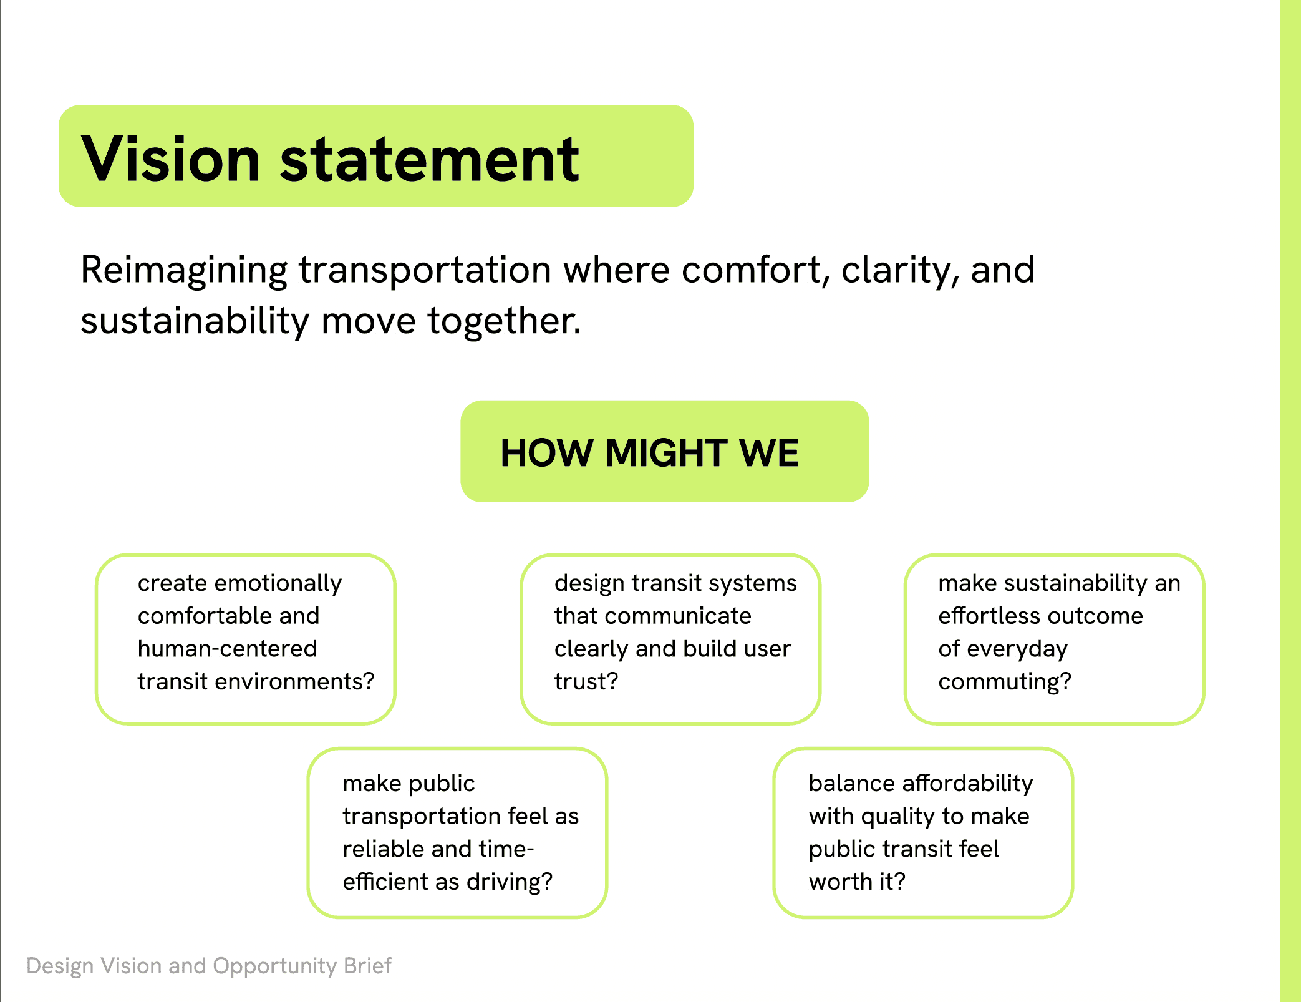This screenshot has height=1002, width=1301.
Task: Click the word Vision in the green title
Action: pyautogui.click(x=170, y=159)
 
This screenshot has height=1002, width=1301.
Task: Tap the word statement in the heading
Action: pyautogui.click(x=430, y=159)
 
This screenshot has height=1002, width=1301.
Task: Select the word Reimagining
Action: pyautogui.click(x=184, y=271)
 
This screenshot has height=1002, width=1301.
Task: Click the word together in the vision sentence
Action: pyautogui.click(x=504, y=321)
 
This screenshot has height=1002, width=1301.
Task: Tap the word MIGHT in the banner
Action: pyautogui.click(x=666, y=452)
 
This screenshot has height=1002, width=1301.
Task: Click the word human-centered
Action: pyautogui.click(x=227, y=649)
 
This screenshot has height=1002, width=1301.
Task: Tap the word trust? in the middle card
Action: pyautogui.click(x=586, y=681)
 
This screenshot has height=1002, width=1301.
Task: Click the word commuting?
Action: pyautogui.click(x=1004, y=681)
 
